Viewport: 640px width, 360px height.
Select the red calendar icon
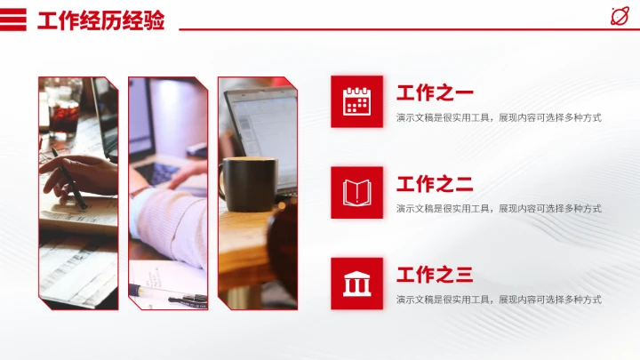click(356, 101)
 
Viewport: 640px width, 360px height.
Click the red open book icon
click(356, 192)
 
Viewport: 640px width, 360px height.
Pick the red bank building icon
click(356, 284)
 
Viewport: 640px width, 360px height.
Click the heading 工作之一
click(435, 92)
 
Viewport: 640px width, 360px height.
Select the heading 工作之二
click(435, 184)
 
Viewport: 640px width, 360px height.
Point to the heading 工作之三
click(435, 275)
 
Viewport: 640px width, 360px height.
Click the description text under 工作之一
click(499, 117)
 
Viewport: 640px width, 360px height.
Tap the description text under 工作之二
click(499, 208)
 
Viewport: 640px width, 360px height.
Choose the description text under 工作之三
click(499, 300)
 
